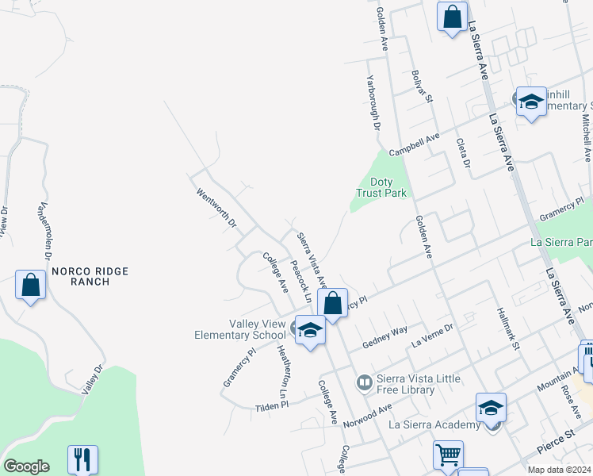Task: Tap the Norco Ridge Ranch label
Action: click(90, 276)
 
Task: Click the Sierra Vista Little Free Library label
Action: click(407, 384)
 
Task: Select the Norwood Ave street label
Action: click(368, 414)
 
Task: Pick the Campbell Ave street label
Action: click(413, 145)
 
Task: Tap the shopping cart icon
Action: click(448, 455)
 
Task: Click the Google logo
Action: click(26, 466)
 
